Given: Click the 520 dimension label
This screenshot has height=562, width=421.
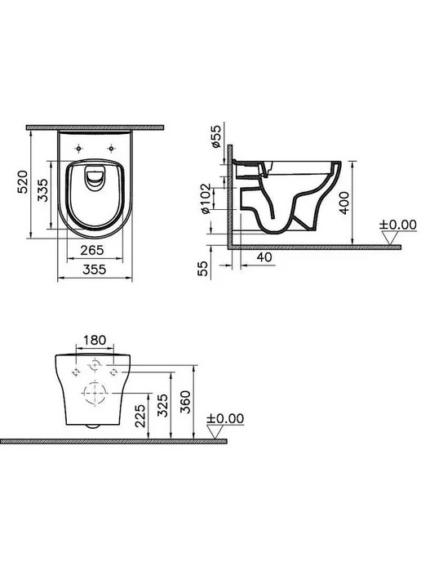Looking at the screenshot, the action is point(23,182).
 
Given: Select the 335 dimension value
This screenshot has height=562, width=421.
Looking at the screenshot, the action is point(42,190).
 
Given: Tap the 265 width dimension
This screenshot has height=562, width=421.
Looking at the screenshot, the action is point(92,250).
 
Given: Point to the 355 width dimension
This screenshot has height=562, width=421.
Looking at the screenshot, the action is point(95,270).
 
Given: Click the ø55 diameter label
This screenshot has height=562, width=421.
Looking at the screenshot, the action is point(216,136).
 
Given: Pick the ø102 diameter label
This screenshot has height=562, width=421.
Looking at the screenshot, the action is point(206,198).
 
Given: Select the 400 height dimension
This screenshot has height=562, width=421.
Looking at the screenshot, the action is point(344,203).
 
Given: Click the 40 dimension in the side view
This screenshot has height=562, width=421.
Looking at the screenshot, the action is point(264,257).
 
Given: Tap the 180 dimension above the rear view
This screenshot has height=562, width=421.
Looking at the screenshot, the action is point(95,340).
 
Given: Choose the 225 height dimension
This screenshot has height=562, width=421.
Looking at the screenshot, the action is point(140,416).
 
